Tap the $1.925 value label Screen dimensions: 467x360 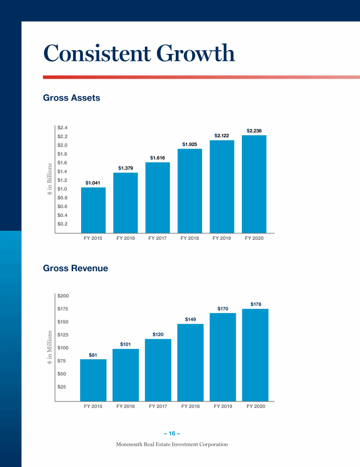(x=189, y=144)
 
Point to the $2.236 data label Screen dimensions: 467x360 (x=254, y=131)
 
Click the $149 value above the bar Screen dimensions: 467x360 (x=190, y=319)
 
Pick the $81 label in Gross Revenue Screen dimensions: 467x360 (x=93, y=356)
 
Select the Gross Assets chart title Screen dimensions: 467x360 (x=71, y=98)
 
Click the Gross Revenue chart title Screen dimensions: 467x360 (x=75, y=268)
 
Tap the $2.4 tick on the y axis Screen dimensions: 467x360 (x=62, y=127)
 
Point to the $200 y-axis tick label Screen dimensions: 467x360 (x=63, y=296)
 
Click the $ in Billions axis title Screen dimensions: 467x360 (x=50, y=180)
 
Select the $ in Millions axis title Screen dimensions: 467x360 (x=50, y=348)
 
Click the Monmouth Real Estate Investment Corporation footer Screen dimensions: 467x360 (x=172, y=444)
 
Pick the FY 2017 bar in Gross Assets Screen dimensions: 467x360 (x=157, y=197)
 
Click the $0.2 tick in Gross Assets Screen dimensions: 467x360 (x=62, y=224)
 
